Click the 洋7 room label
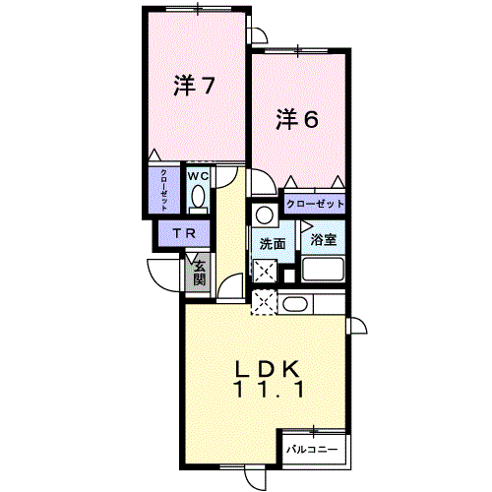coord(194,86)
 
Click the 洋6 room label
coord(297,119)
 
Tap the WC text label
coord(198,176)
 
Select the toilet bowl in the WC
coord(198,196)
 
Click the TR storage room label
coord(184,233)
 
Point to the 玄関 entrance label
coord(200,273)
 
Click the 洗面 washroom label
coord(273,244)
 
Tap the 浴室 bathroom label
coord(324,239)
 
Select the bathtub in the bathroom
coord(323,270)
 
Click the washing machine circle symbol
coord(265,215)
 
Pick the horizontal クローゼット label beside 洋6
coord(315,204)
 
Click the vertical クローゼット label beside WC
coord(164,190)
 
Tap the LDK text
coord(267,370)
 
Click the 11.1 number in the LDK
coord(268,390)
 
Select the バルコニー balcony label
coord(312,449)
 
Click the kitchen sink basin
coord(295,304)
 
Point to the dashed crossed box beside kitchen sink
coord(264,302)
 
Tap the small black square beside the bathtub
coord(289,276)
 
